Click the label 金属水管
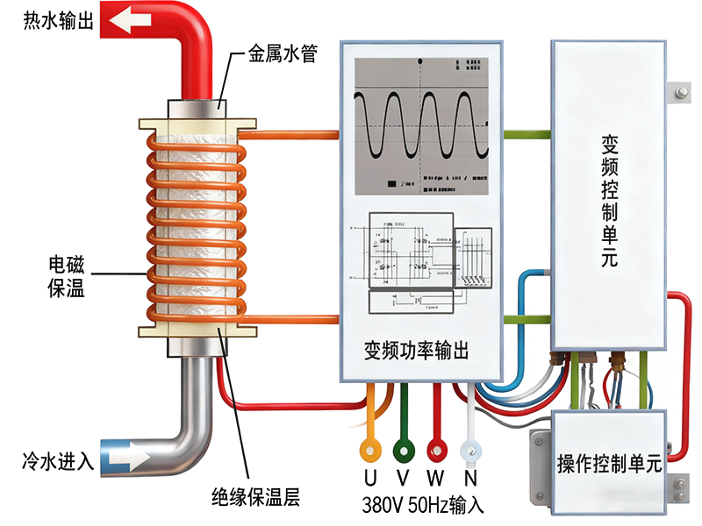[282, 55]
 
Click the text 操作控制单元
[608, 465]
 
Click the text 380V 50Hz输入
[422, 506]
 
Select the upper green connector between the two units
[526, 135]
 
